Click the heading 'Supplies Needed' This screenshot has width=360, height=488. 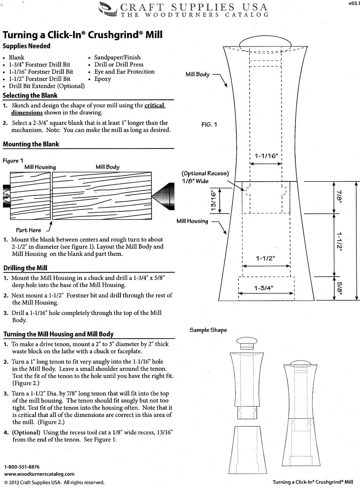pyautogui.click(x=26, y=46)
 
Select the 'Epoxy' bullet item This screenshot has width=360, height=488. pyautogui.click(x=102, y=79)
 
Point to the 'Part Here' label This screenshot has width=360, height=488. pyautogui.click(x=28, y=230)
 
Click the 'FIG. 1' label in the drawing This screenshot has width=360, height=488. pyautogui.click(x=209, y=125)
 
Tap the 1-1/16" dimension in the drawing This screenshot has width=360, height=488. pyautogui.click(x=266, y=156)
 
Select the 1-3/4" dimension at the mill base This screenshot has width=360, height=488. pyautogui.click(x=266, y=288)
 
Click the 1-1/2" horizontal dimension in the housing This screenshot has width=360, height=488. pyautogui.click(x=266, y=259)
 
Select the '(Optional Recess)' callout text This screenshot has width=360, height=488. pyautogui.click(x=205, y=174)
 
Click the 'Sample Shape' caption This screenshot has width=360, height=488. pyautogui.click(x=208, y=330)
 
